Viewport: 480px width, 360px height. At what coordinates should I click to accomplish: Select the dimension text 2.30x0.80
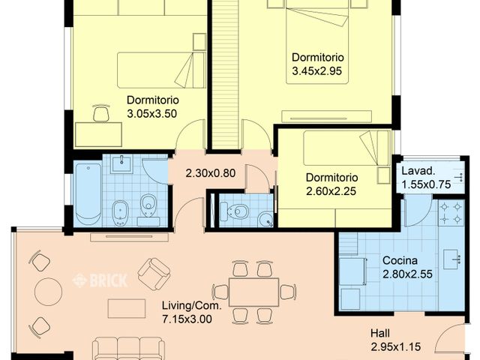(211, 173)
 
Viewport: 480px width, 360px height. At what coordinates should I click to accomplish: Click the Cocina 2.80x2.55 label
(406, 266)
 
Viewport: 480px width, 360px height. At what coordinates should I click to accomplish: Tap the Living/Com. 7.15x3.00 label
(187, 312)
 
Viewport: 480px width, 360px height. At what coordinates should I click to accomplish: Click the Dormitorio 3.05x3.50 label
(151, 106)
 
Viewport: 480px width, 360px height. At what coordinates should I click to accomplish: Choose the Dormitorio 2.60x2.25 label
(331, 184)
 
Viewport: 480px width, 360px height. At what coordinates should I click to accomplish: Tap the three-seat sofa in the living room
(128, 348)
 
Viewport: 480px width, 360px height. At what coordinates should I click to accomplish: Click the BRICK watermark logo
(99, 280)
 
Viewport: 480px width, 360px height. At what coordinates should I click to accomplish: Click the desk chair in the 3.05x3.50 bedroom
(100, 114)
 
